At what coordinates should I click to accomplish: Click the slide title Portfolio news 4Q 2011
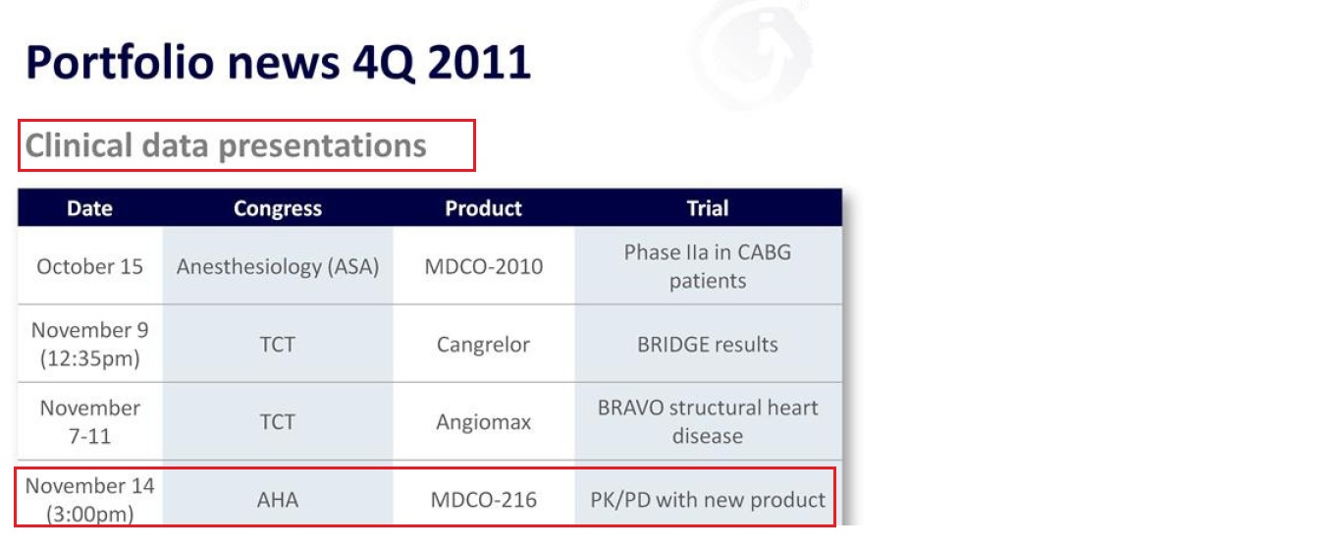point(279,63)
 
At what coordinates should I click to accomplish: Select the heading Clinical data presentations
point(226,145)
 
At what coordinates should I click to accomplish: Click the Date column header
point(89,208)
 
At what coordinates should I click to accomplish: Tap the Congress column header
point(278,208)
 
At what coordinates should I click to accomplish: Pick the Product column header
point(483,208)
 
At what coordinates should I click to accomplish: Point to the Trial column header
point(708,208)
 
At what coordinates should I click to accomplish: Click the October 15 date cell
point(89,266)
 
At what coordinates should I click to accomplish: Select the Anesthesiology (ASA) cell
point(278,266)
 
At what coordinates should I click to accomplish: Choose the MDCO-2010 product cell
point(483,266)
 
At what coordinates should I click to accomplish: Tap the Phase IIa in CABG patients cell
point(708,266)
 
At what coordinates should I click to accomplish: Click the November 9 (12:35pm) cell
point(89,344)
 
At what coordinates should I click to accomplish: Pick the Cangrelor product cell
point(483,344)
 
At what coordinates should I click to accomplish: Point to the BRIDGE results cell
point(708,344)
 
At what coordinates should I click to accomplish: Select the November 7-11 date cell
point(89,421)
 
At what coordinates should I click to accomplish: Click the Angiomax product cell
point(483,421)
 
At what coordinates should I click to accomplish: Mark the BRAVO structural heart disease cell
point(708,421)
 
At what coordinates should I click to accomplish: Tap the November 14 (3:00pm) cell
point(89,500)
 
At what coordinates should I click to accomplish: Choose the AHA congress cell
point(278,500)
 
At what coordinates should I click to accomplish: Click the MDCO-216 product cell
point(483,500)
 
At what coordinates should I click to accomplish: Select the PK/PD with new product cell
point(708,500)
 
